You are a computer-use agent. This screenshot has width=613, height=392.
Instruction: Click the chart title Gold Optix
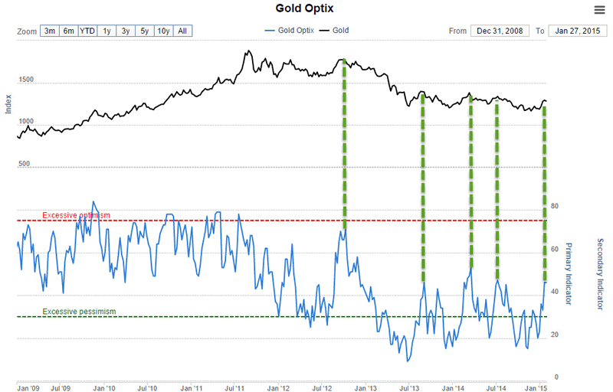click(x=306, y=8)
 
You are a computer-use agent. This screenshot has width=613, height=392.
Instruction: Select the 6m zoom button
click(x=69, y=31)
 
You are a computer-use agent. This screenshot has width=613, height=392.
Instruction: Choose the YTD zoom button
click(x=87, y=31)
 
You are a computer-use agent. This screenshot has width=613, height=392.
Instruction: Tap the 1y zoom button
click(x=107, y=31)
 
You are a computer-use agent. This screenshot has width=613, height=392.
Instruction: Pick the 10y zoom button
click(x=163, y=31)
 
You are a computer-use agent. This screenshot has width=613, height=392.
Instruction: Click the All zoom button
click(x=182, y=31)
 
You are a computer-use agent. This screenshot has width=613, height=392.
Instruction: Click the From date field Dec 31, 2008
click(x=500, y=31)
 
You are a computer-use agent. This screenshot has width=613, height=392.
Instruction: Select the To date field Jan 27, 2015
click(x=576, y=31)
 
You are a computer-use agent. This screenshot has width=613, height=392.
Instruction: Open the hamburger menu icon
click(x=599, y=9)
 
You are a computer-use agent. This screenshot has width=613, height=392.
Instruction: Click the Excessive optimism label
click(x=77, y=216)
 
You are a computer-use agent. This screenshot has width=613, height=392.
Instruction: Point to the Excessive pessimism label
click(x=79, y=312)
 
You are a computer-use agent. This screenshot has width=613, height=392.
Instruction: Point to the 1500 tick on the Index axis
click(x=27, y=80)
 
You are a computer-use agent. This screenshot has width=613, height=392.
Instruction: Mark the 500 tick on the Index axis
click(x=24, y=164)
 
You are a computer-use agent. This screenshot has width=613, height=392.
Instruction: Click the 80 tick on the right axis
click(x=555, y=206)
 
